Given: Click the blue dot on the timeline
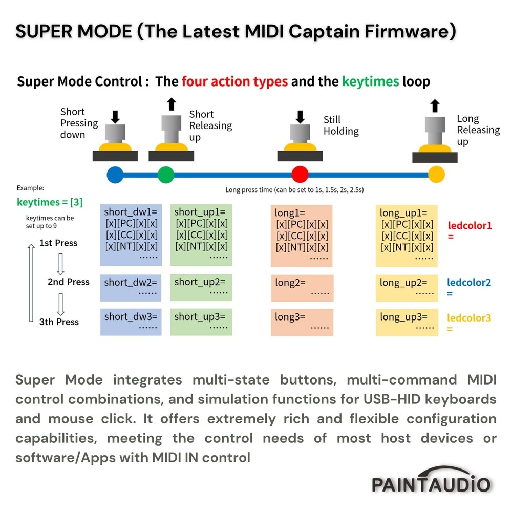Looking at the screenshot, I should [x=115, y=175].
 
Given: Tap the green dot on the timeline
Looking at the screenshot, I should [x=166, y=175].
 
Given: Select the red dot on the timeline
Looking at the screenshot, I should [x=300, y=175].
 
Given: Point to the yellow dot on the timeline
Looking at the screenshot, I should [x=436, y=175].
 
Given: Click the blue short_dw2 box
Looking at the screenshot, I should [x=131, y=288].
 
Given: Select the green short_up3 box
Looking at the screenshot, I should [x=201, y=322].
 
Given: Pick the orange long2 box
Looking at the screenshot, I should [x=302, y=288].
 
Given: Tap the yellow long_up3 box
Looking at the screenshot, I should [x=407, y=322].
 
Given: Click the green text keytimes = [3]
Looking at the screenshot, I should [x=50, y=202].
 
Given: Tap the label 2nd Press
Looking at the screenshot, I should [x=68, y=282].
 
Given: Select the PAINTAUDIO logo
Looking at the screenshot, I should [x=431, y=482].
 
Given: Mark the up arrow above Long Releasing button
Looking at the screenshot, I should [x=435, y=106].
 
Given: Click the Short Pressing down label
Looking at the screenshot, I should [x=79, y=123].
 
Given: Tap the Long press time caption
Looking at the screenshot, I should [x=294, y=190].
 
